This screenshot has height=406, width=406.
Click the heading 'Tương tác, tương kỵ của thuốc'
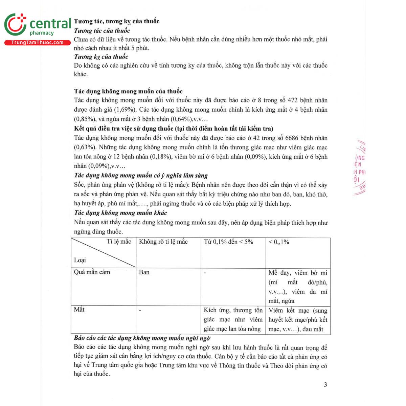tap(117, 21)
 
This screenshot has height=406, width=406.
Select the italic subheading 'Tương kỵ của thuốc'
tap(101, 57)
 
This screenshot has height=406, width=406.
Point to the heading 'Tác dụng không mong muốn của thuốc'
tap(128, 91)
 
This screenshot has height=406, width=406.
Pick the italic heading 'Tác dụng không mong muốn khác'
tap(120, 213)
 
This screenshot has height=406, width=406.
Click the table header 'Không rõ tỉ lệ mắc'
tap(163, 242)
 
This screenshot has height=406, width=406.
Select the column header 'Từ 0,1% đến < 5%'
tap(228, 242)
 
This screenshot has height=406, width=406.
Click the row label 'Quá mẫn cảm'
tap(92, 272)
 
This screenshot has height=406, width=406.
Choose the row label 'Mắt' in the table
tap(79, 310)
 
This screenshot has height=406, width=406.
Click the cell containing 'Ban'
tap(144, 272)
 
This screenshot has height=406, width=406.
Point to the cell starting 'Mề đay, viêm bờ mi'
tap(298, 287)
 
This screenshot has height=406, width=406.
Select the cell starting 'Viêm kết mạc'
tap(298, 320)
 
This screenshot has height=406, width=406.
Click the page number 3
tap(325, 385)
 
